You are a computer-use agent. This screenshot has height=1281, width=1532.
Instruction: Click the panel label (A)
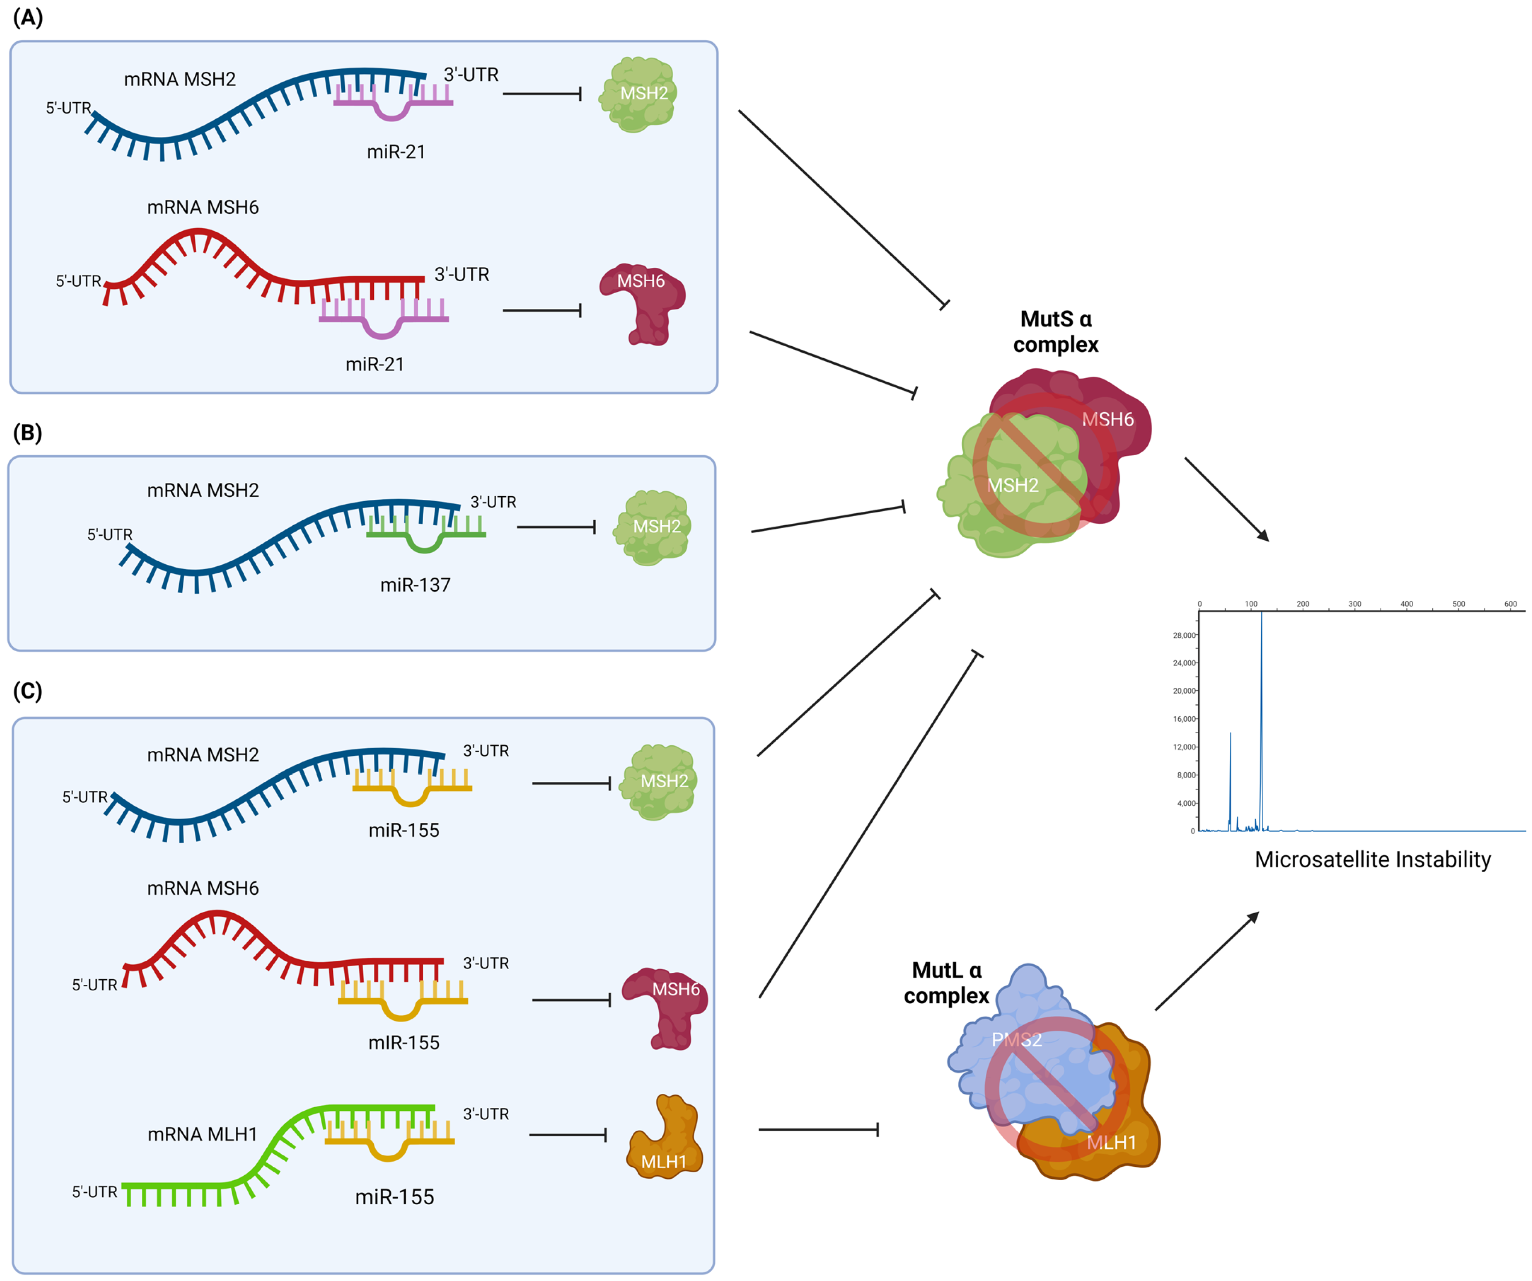point(28,18)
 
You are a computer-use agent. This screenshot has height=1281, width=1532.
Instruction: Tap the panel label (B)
point(28,433)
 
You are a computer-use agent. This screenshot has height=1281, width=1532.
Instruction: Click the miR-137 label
point(415,585)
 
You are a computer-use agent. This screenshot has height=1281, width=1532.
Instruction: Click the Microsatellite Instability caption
point(1372,860)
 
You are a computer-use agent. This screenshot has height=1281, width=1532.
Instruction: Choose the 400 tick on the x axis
point(1406,604)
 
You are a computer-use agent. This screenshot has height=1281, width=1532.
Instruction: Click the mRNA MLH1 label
point(202,1134)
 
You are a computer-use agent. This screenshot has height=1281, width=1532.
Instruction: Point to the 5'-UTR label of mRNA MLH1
point(94,1192)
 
